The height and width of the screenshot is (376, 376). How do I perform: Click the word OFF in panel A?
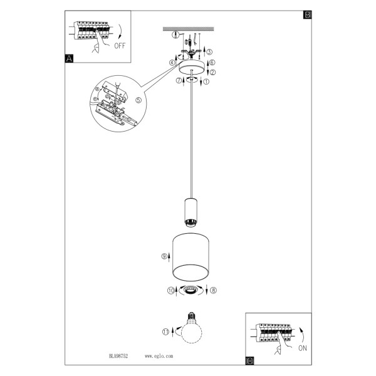click(120, 46)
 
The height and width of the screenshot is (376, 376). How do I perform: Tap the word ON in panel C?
click(303, 348)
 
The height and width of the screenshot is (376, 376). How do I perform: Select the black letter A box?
click(69, 58)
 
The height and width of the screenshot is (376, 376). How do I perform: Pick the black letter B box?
click(308, 14)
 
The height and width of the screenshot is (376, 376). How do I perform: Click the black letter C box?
click(249, 361)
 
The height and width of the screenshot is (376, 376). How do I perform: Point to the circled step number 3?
click(209, 52)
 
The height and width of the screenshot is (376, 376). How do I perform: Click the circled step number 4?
click(172, 63)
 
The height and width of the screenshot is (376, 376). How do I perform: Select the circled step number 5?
click(138, 100)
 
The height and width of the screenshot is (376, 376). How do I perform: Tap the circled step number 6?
click(212, 62)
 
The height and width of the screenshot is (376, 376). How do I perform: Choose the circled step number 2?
click(212, 72)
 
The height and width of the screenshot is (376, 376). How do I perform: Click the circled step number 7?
click(179, 81)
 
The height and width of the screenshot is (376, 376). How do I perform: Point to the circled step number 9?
click(164, 256)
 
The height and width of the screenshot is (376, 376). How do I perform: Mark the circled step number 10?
click(171, 291)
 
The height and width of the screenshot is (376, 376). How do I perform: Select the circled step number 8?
click(213, 290)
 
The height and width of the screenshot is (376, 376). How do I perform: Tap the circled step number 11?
click(165, 332)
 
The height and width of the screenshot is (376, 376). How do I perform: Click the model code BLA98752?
click(118, 356)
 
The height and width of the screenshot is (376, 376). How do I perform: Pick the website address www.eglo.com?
click(159, 356)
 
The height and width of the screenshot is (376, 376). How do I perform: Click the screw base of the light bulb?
click(191, 316)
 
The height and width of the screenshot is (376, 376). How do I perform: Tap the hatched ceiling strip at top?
click(189, 29)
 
